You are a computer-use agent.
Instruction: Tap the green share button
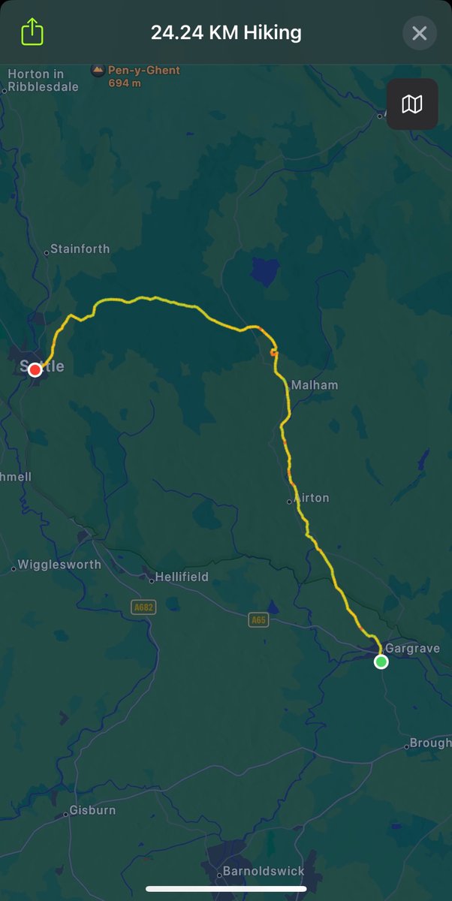pyautogui.click(x=32, y=32)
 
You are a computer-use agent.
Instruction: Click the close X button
pyautogui.click(x=419, y=33)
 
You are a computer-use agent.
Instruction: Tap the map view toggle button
pyautogui.click(x=412, y=104)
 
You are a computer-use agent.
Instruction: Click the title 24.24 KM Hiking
pyautogui.click(x=226, y=33)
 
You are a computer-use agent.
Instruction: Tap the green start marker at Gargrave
pyautogui.click(x=381, y=661)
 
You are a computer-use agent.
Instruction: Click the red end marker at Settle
pyautogui.click(x=35, y=369)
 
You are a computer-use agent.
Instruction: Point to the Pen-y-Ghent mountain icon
pyautogui.click(x=98, y=71)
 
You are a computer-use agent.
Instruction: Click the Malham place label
pyautogui.click(x=315, y=385)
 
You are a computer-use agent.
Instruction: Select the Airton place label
pyautogui.click(x=312, y=498)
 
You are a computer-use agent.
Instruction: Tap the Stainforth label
pyautogui.click(x=80, y=249)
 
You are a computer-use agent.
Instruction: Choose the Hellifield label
pyautogui.click(x=182, y=577)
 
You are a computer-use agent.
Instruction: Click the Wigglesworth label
pyautogui.click(x=59, y=565)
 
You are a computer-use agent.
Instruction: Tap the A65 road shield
pyautogui.click(x=259, y=619)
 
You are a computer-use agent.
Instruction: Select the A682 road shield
pyautogui.click(x=143, y=607)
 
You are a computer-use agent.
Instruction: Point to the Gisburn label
pyautogui.click(x=92, y=810)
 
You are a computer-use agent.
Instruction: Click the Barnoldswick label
pyautogui.click(x=264, y=872)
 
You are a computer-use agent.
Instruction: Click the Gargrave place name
pyautogui.click(x=412, y=648)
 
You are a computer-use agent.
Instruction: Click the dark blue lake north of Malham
pyautogui.click(x=265, y=270)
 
